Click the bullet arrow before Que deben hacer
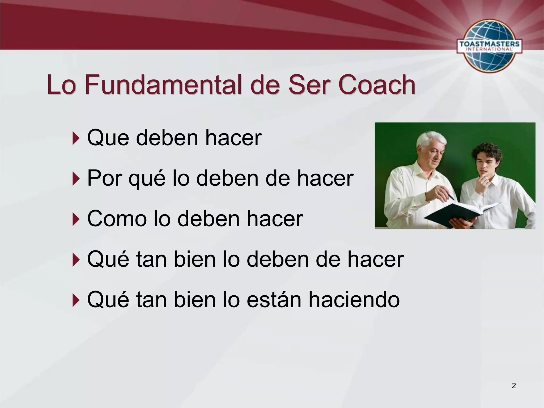pos(76,138)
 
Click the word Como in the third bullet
pos(117,219)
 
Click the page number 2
pos(514,386)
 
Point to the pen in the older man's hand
pos(451,197)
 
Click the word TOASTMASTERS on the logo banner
pos(489,44)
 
